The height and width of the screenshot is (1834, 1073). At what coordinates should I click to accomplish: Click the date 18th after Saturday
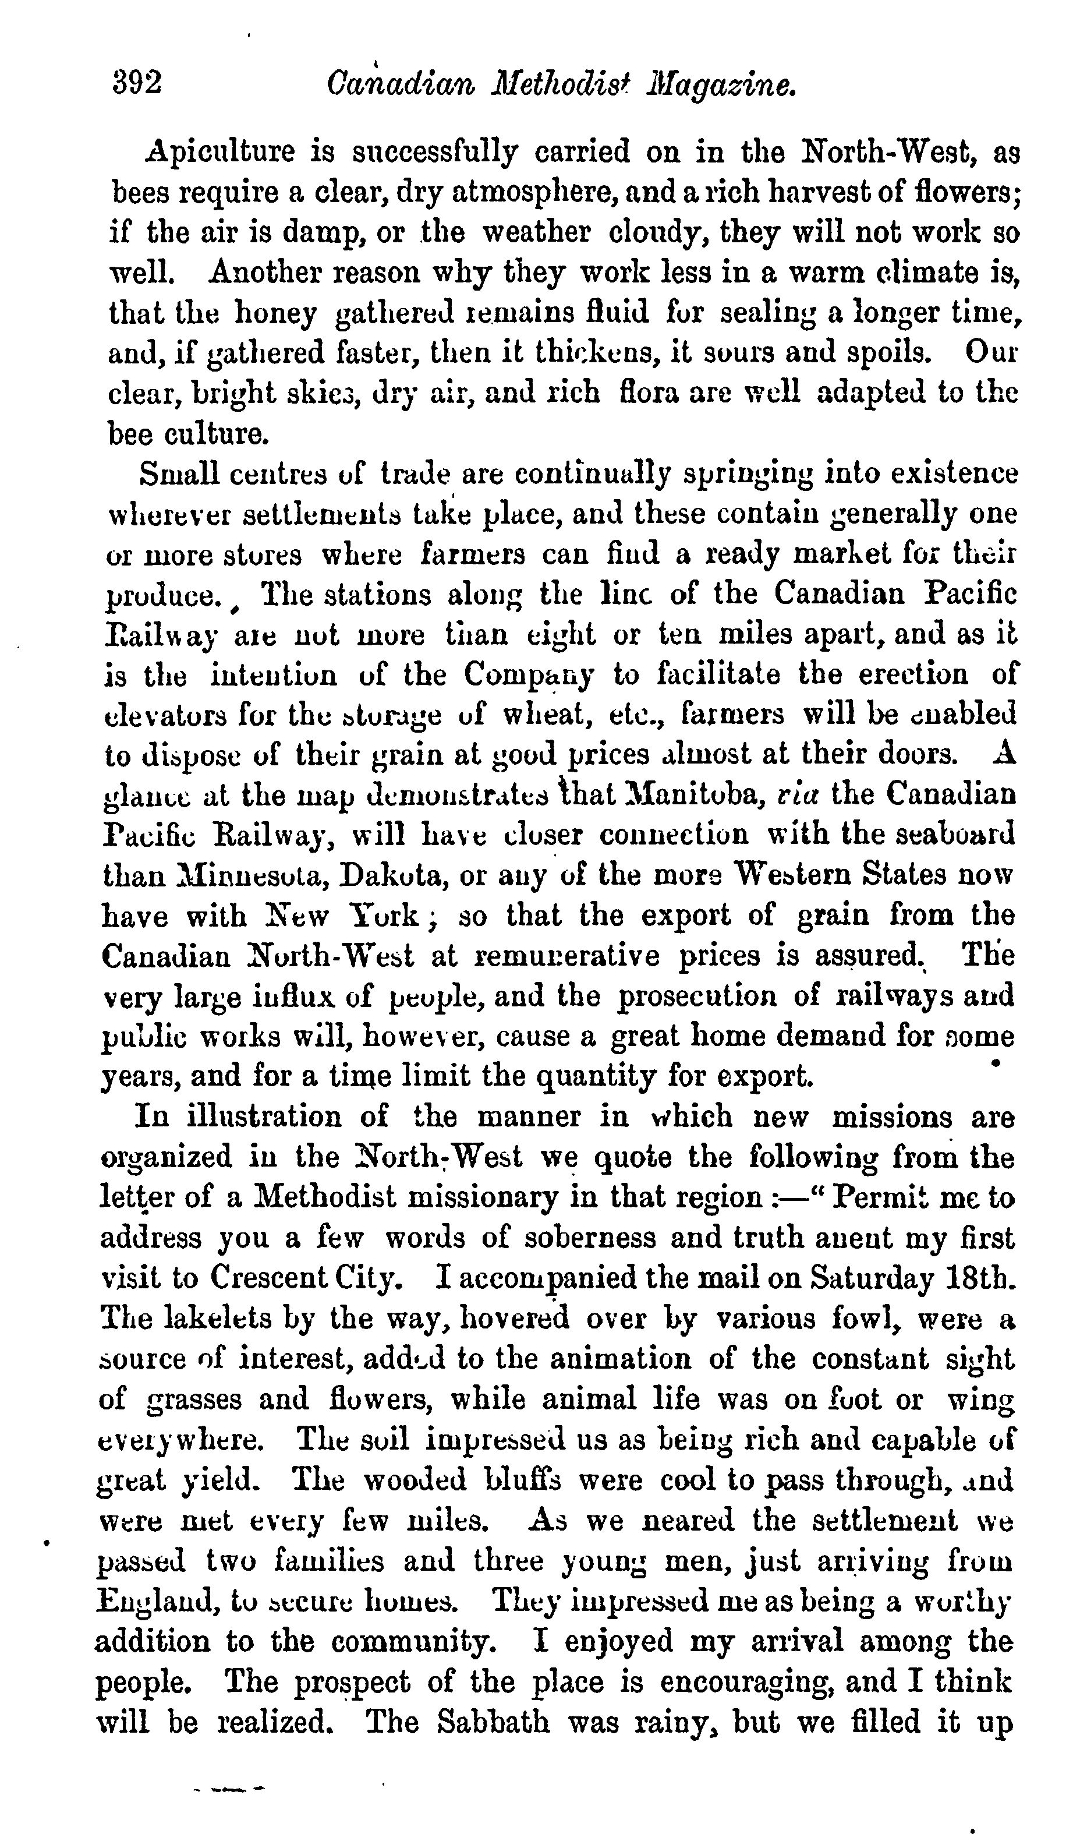pyautogui.click(x=977, y=1278)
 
